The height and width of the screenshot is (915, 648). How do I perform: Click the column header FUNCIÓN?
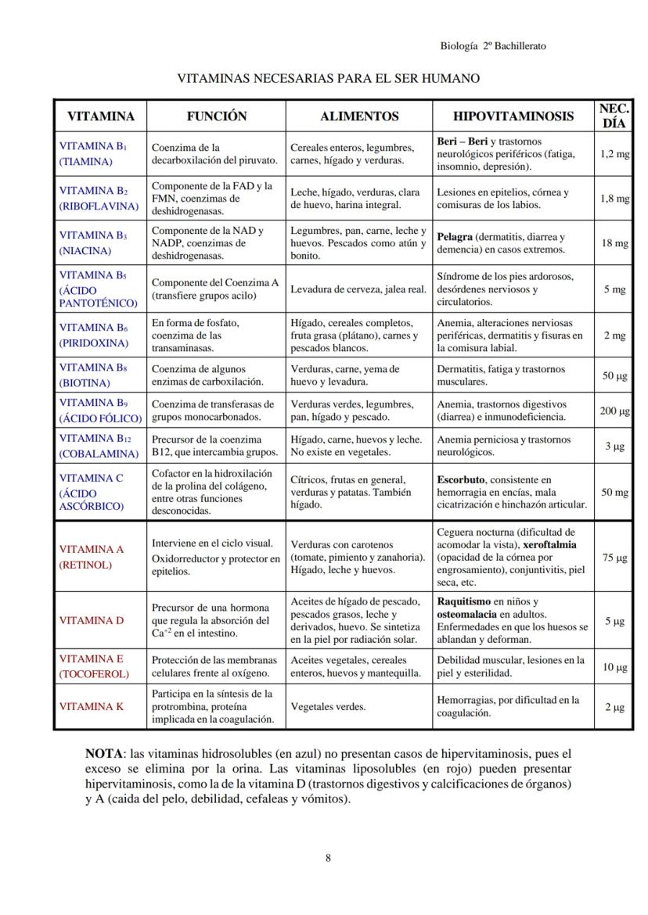[216, 116]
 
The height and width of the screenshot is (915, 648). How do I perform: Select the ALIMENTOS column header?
[359, 116]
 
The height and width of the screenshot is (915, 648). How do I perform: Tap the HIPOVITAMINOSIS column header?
[513, 116]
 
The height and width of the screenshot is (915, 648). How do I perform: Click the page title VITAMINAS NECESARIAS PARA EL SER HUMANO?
[328, 78]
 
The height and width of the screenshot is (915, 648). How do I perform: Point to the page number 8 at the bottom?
[328, 858]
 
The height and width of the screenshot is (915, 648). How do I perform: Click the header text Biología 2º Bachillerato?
[493, 46]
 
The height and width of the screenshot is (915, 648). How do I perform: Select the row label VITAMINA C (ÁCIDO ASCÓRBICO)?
[92, 492]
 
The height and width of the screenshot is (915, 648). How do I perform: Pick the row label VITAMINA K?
[92, 706]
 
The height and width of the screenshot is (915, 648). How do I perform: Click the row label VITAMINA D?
[92, 620]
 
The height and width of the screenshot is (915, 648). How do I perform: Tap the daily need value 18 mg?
[614, 243]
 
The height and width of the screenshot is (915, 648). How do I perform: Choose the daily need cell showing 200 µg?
[614, 411]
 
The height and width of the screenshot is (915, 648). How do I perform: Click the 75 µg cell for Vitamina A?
[614, 558]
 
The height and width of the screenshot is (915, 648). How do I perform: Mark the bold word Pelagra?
[454, 237]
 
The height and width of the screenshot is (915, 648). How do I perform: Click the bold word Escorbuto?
[461, 479]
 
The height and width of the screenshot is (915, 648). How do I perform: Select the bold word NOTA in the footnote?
[104, 754]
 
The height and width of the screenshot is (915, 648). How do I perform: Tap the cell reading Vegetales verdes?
[328, 706]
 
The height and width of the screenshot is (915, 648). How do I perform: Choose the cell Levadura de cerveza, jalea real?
[358, 289]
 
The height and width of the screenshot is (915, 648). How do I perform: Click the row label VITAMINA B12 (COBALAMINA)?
[92, 446]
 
